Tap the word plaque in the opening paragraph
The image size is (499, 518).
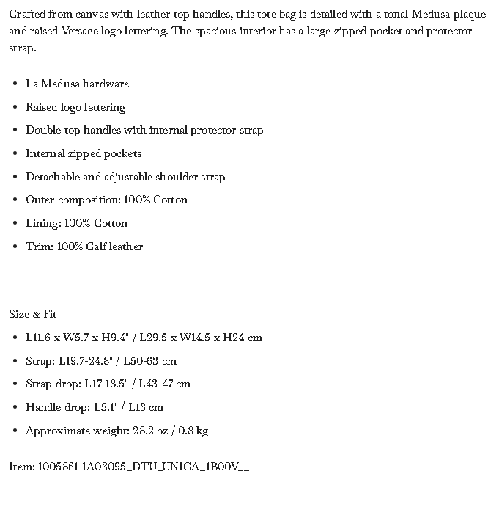point(470,15)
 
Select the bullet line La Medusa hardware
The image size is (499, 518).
point(77,84)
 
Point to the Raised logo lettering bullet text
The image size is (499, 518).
point(75,107)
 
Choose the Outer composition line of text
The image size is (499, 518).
point(106,200)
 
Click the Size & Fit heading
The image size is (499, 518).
point(33,314)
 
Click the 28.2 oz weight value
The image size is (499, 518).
point(149,431)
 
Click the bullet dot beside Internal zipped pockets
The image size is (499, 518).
point(15,154)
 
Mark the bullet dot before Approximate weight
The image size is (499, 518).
point(15,431)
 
